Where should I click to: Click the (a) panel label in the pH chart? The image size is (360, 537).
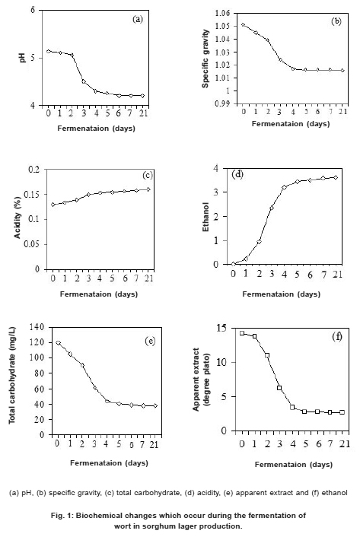[x=137, y=19]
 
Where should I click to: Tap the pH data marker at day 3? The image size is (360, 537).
[x=84, y=81]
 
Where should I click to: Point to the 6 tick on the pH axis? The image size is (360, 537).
[x=33, y=10]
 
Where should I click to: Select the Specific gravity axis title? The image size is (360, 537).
[x=205, y=59]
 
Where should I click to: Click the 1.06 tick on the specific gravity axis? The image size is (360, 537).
[x=222, y=14]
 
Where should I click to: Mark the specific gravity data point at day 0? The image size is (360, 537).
[x=244, y=24]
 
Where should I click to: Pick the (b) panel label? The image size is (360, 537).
[x=336, y=21]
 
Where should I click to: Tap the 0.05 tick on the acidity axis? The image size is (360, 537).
[x=32, y=244]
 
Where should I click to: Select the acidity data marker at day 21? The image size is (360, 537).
[x=148, y=189]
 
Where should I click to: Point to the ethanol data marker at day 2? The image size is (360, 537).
[x=259, y=241]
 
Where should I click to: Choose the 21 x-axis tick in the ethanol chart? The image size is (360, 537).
[x=337, y=274]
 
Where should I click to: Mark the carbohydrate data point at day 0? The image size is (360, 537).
[x=59, y=343]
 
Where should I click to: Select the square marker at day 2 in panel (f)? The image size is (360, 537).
[x=267, y=355]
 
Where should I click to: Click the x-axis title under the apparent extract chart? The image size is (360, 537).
[x=294, y=465]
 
